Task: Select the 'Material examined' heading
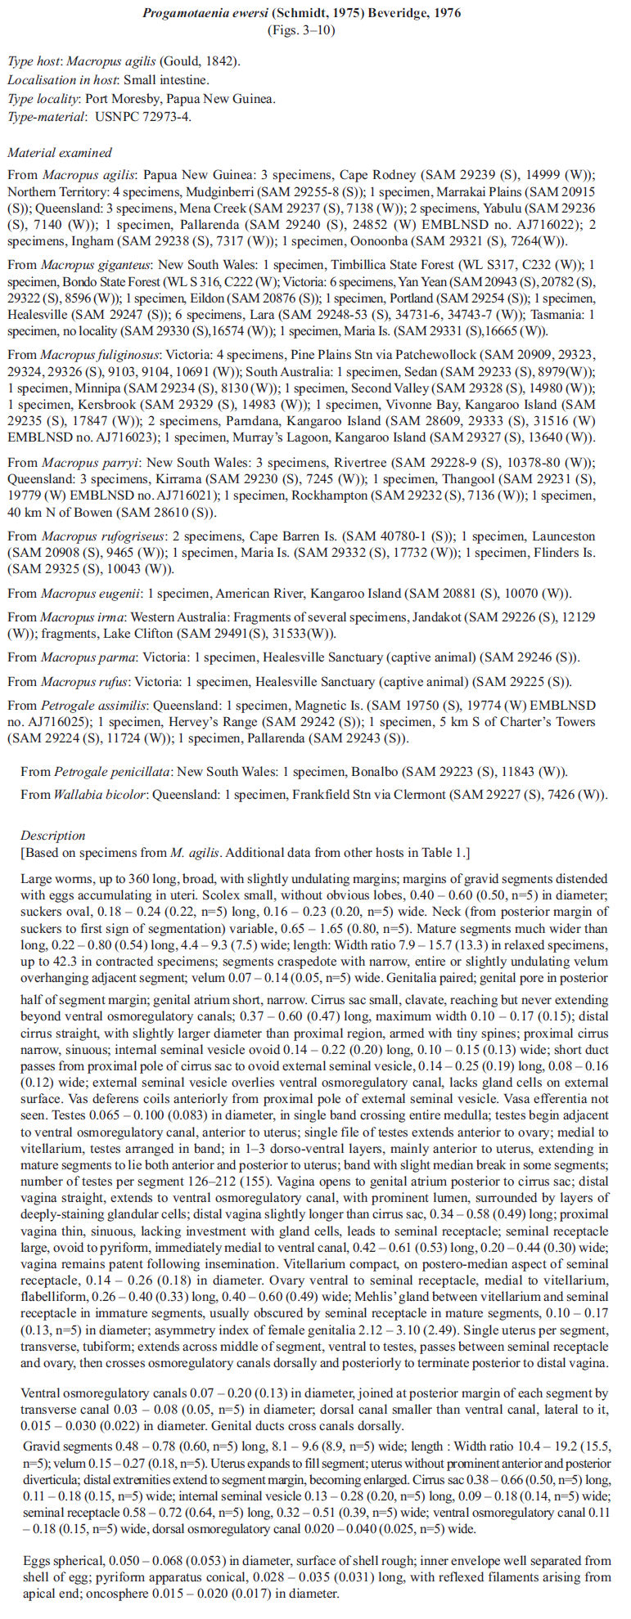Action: (60, 153)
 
